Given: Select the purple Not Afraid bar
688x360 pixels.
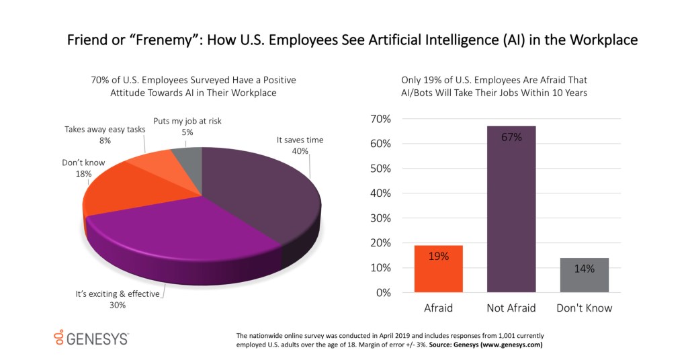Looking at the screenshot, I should pos(511,209).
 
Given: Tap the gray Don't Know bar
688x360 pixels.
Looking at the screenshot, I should pos(585,275).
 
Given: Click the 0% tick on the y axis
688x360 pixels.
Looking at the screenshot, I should pos(382,293).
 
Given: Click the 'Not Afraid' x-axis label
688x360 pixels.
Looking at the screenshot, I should pos(511,308).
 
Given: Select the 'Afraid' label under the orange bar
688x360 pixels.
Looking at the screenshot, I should pos(439,308).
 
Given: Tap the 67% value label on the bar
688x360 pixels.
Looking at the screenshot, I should pos(511,137).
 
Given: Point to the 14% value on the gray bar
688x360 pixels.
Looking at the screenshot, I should pos(585,269).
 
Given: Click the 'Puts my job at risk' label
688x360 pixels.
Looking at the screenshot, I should pos(187,121).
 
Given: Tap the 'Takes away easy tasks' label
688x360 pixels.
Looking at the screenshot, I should pos(105,128).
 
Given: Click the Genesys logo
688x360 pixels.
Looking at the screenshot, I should pos(90,337).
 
